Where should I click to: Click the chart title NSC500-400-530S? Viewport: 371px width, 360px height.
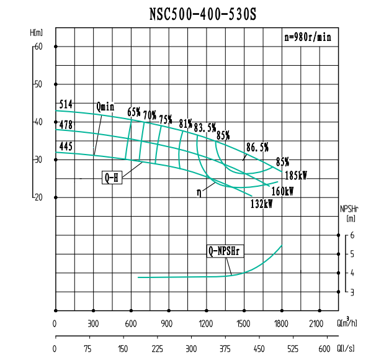pos(203,13)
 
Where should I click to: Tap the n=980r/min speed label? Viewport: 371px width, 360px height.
pos(308,37)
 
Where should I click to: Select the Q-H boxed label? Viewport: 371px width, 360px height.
pos(112,178)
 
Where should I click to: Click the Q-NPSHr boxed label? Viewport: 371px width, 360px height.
pos(225,251)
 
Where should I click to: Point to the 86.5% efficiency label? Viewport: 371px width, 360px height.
pos(257,147)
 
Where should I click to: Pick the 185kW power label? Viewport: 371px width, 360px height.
pos(296,176)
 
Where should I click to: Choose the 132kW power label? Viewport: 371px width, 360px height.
pos(261,204)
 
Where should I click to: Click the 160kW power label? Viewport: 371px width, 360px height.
pos(282,191)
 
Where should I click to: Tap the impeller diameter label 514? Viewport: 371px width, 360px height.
pos(66,104)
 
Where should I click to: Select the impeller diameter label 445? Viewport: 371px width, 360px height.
pos(66,146)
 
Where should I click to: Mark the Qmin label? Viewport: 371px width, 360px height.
pos(105,106)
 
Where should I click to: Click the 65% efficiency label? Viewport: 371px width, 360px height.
pos(133,112)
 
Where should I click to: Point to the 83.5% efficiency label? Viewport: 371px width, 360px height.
pos(205,128)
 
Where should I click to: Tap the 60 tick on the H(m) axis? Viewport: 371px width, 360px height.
pos(38,47)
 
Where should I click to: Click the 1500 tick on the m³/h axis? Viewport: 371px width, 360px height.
pos(243,323)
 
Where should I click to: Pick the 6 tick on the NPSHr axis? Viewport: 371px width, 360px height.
pos(352,235)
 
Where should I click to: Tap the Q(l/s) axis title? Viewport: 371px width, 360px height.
pos(346,349)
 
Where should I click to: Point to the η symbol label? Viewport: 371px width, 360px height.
pos(199,192)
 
